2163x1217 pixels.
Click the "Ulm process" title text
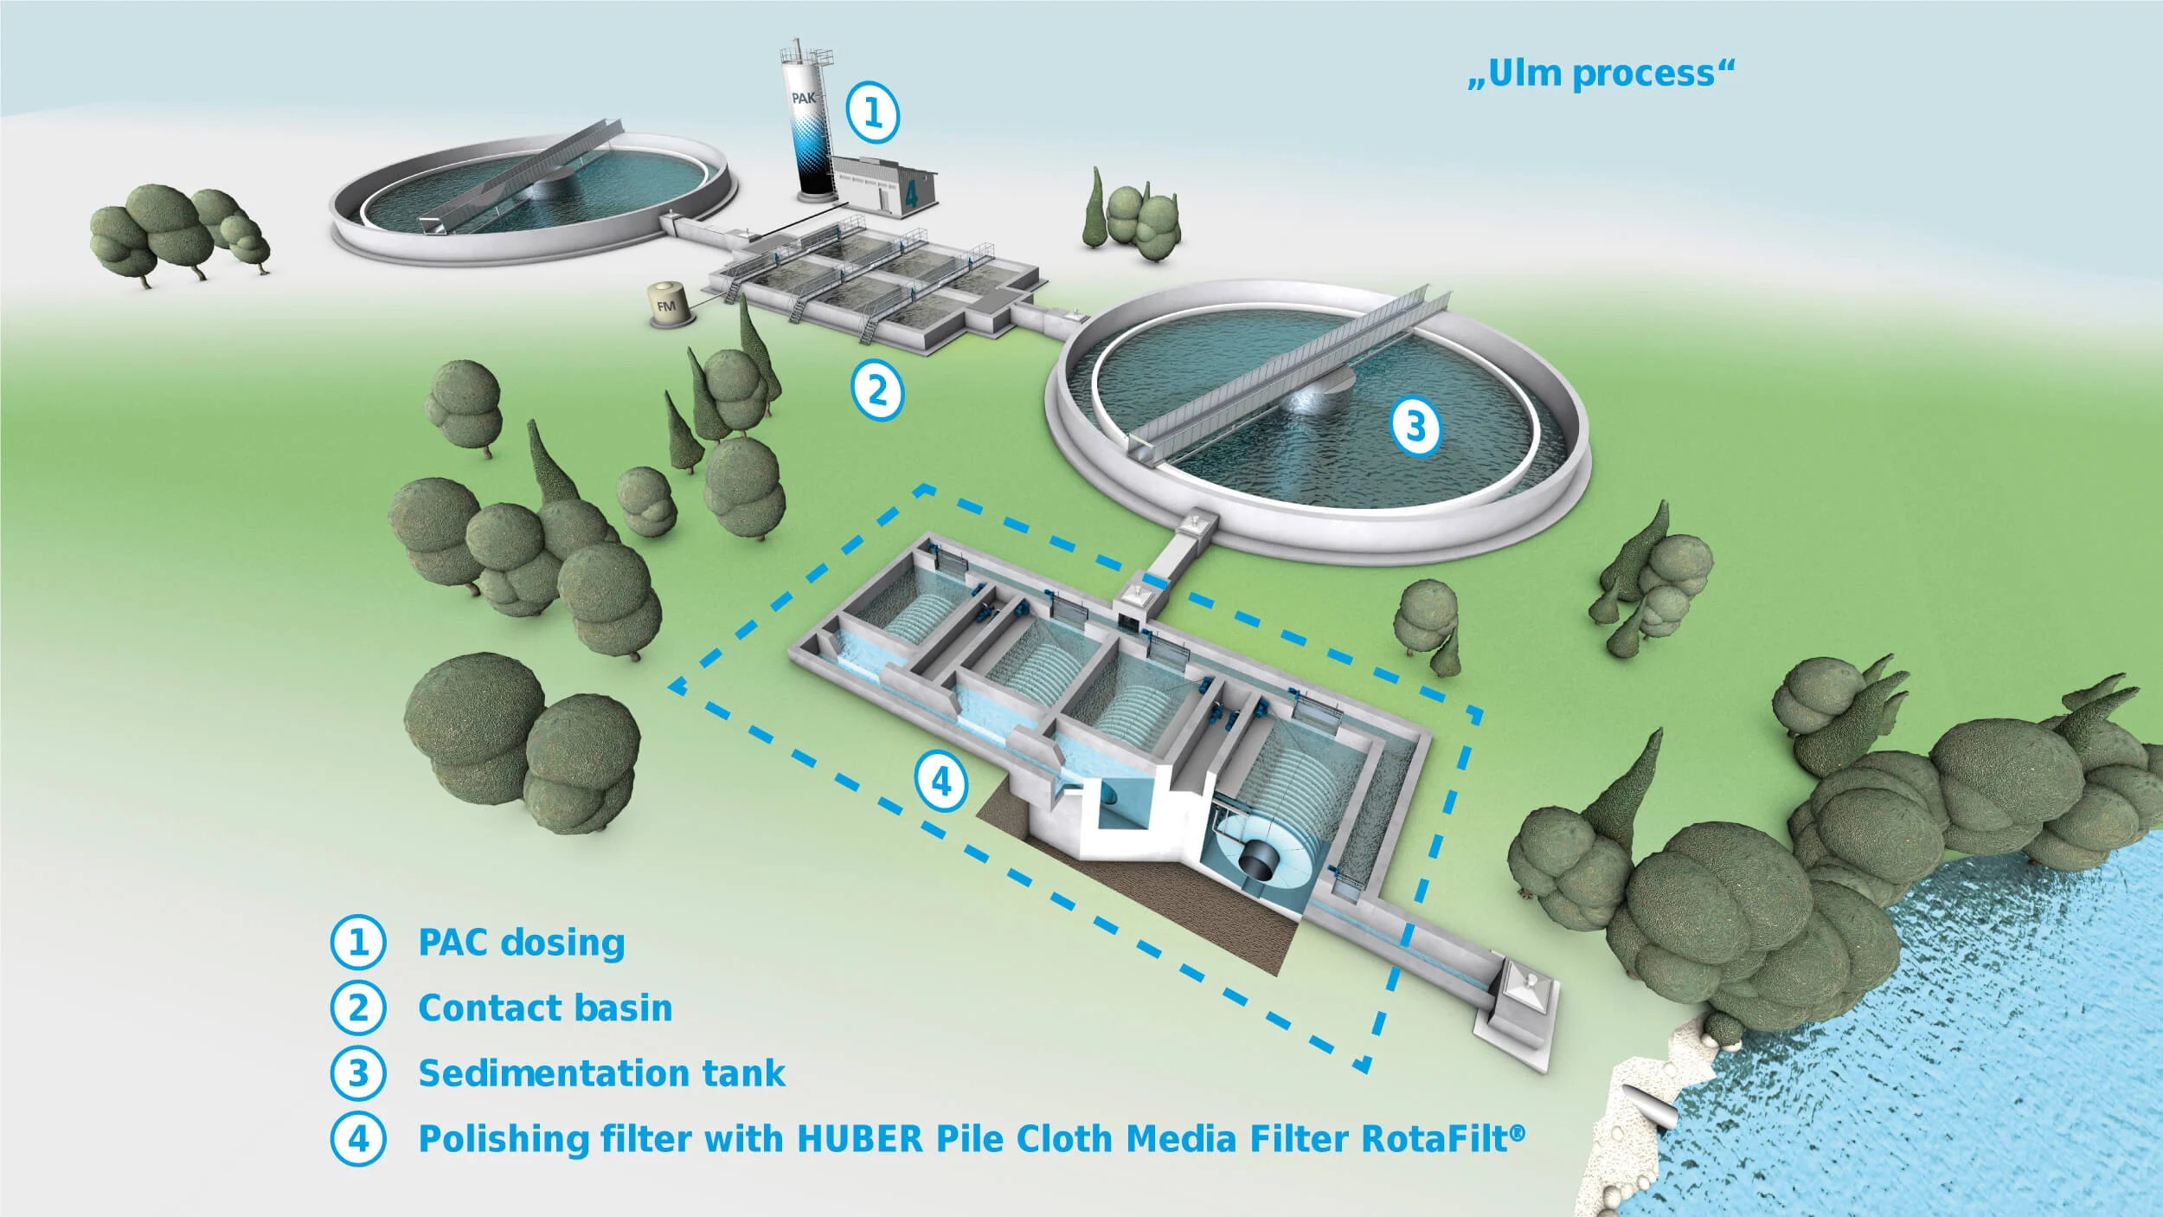click(x=1601, y=74)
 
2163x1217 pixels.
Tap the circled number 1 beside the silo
click(x=873, y=113)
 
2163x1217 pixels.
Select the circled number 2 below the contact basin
click(x=877, y=391)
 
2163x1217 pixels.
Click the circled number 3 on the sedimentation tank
click(x=1415, y=427)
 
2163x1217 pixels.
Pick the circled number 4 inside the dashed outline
click(x=941, y=783)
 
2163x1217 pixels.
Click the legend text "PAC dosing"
click(x=521, y=943)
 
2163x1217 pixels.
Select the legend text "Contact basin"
click(x=545, y=1008)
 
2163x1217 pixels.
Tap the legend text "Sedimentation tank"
click(x=601, y=1073)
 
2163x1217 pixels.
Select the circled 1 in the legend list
click(x=357, y=943)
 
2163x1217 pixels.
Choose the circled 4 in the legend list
click(x=357, y=1139)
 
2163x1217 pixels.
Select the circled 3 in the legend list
click(x=357, y=1073)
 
